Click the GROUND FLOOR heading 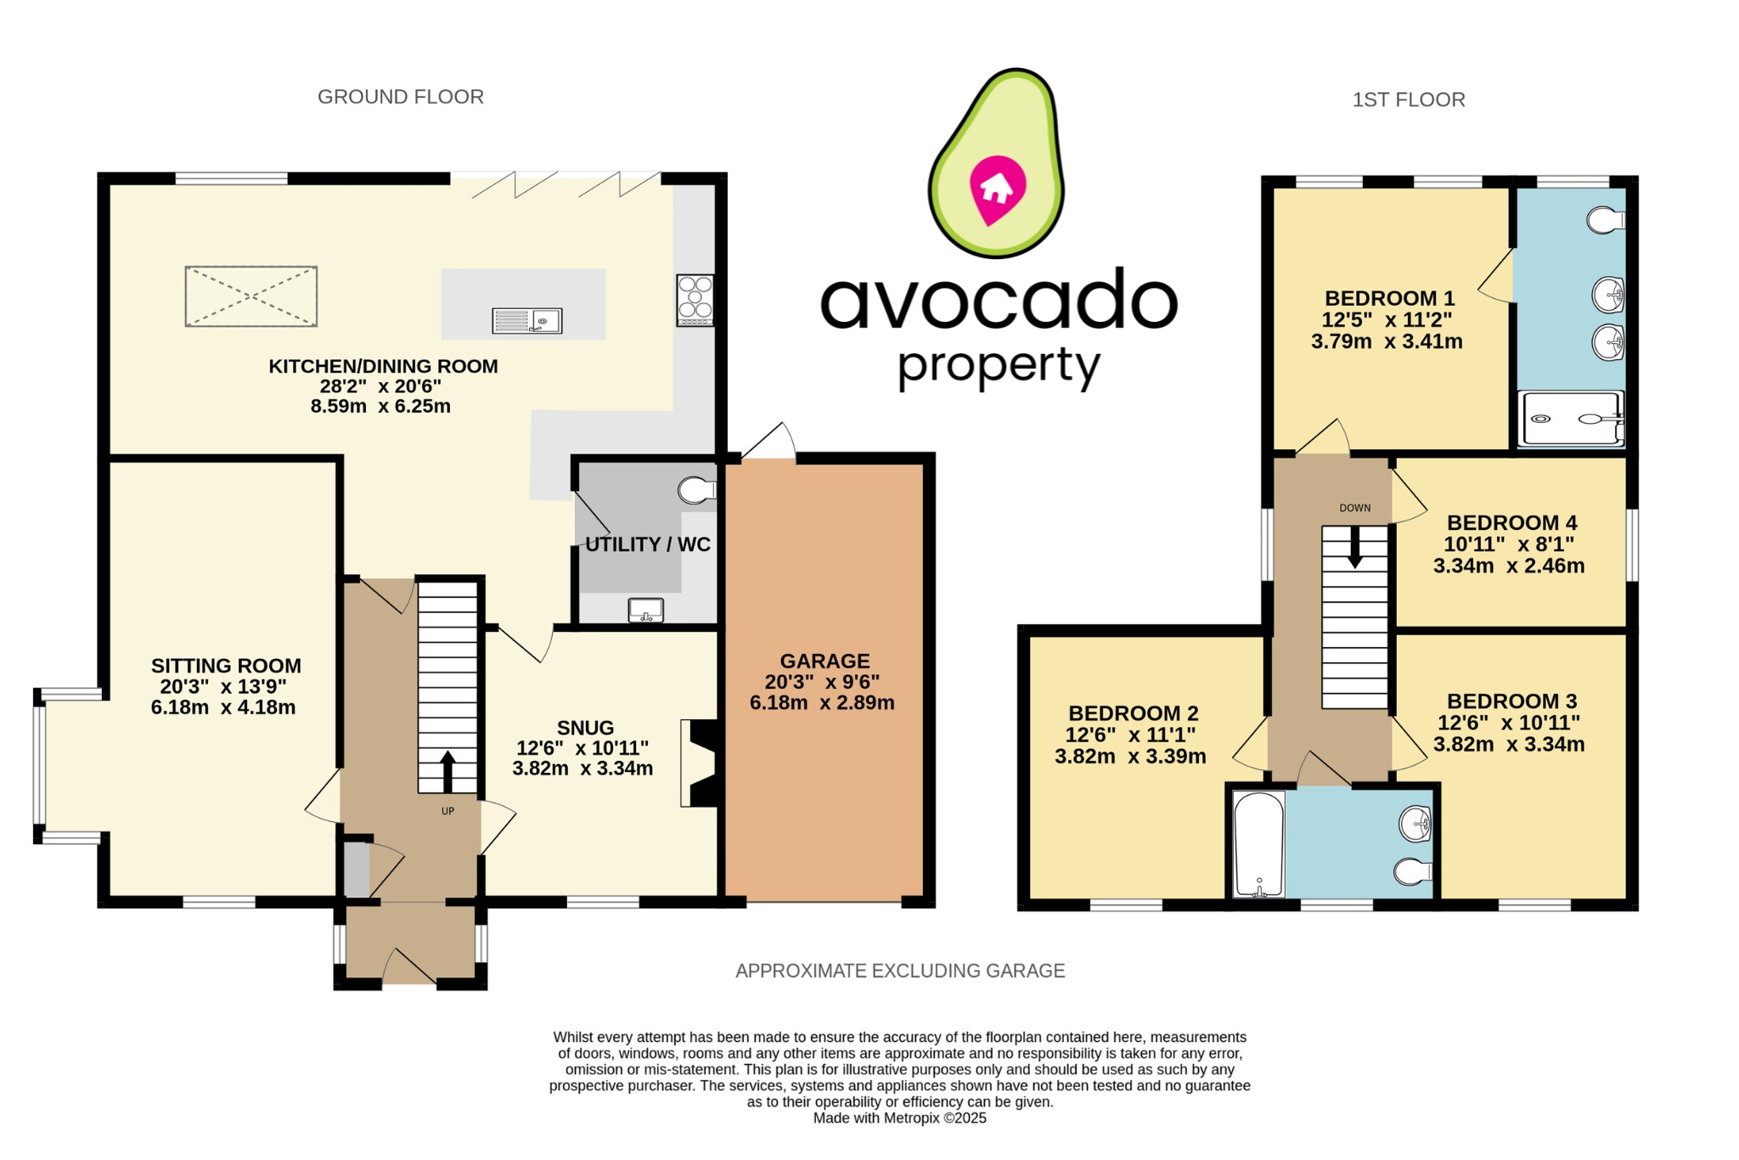pyautogui.click(x=401, y=97)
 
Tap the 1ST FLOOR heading pyautogui.click(x=1409, y=100)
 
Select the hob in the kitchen pyautogui.click(x=695, y=300)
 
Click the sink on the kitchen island pyautogui.click(x=527, y=320)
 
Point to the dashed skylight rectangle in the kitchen pyautogui.click(x=251, y=296)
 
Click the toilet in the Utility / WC pyautogui.click(x=696, y=490)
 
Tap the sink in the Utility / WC pyautogui.click(x=645, y=610)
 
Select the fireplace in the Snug pyautogui.click(x=701, y=763)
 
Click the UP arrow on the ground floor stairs pyautogui.click(x=447, y=769)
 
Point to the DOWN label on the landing pyautogui.click(x=1355, y=508)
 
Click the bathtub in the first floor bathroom pyautogui.click(x=1259, y=844)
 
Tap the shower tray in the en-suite pyautogui.click(x=1571, y=418)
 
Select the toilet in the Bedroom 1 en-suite pyautogui.click(x=1605, y=220)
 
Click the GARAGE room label pyautogui.click(x=824, y=661)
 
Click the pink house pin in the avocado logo pyautogui.click(x=997, y=189)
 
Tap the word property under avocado pyautogui.click(x=999, y=368)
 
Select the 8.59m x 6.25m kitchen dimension pyautogui.click(x=380, y=406)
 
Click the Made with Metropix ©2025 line pyautogui.click(x=899, y=1118)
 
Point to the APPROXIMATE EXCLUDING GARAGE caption pyautogui.click(x=900, y=971)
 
